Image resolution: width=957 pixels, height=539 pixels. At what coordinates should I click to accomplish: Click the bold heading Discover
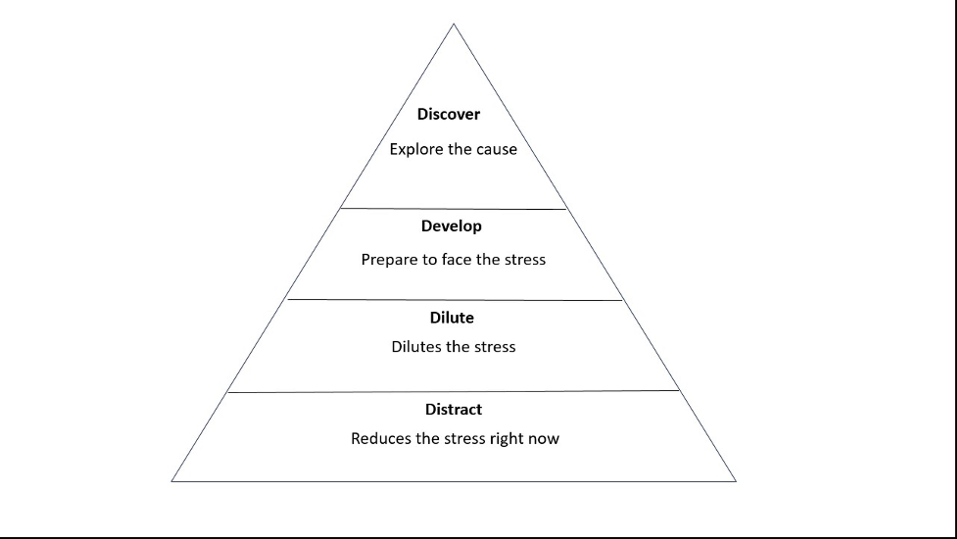448,114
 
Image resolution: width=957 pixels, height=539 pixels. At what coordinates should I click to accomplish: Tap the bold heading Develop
451,226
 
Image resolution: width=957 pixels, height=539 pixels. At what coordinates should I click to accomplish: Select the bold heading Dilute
452,318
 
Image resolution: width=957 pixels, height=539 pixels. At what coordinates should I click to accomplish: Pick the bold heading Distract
454,410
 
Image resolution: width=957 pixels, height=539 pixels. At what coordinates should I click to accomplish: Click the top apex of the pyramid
454,24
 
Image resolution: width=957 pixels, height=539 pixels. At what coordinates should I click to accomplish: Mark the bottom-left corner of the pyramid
172,481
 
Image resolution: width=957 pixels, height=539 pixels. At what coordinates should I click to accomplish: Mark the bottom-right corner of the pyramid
736,481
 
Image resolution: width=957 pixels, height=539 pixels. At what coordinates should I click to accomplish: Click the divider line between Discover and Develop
453,209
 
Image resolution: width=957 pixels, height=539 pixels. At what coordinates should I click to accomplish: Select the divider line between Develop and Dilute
455,300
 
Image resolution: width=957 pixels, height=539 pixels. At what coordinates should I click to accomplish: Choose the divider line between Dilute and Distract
453,391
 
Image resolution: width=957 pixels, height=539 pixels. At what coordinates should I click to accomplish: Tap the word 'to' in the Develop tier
429,260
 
